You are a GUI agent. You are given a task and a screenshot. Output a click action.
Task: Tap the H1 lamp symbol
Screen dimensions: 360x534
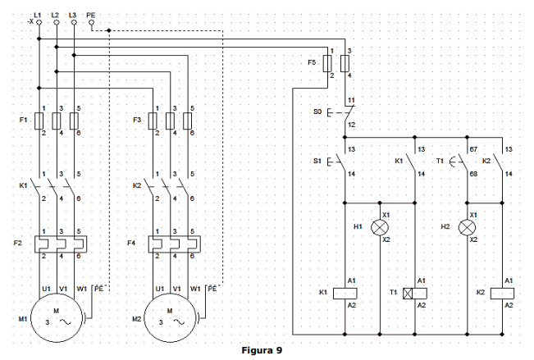pyautogui.click(x=380, y=226)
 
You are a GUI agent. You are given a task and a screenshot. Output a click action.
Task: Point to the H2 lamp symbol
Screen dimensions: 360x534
pyautogui.click(x=468, y=226)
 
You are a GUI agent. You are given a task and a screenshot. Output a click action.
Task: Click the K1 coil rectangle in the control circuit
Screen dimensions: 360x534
pyautogui.click(x=345, y=293)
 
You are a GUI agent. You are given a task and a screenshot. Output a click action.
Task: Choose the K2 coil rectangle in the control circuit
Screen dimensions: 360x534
pyautogui.click(x=503, y=293)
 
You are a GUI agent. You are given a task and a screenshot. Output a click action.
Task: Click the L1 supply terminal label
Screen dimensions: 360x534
pyautogui.click(x=37, y=15)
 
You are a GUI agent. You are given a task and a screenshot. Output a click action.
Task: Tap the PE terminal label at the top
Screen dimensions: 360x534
pyautogui.click(x=91, y=15)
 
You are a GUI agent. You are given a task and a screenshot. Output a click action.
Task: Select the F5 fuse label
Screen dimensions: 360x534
pyautogui.click(x=312, y=62)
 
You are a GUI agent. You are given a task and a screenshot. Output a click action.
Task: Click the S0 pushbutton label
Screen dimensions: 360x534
pyautogui.click(x=317, y=111)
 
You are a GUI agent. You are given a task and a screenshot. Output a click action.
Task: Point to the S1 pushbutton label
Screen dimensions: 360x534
pyautogui.click(x=317, y=161)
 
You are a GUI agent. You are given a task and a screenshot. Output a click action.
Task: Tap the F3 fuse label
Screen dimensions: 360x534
pyautogui.click(x=138, y=121)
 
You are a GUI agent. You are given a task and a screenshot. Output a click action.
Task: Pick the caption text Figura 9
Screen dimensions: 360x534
pyautogui.click(x=262, y=350)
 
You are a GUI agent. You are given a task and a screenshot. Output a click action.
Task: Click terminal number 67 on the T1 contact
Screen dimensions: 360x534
pyautogui.click(x=473, y=149)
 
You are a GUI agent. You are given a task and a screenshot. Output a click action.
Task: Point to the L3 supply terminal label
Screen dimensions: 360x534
pyautogui.click(x=73, y=15)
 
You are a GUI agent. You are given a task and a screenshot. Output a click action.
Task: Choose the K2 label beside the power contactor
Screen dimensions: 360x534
pyautogui.click(x=138, y=186)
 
